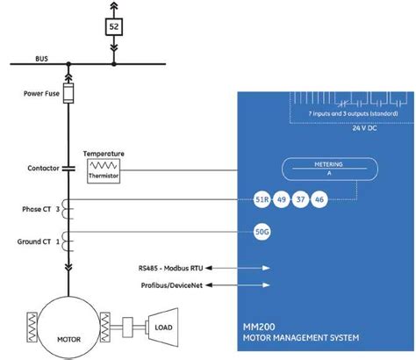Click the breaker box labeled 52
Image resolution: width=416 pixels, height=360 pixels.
[x=114, y=27]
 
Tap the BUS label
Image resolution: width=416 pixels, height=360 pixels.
[x=41, y=60]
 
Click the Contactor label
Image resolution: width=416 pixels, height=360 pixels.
[x=43, y=167]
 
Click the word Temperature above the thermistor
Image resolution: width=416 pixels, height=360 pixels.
[x=104, y=154]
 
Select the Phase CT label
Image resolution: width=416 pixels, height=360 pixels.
[x=39, y=210]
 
